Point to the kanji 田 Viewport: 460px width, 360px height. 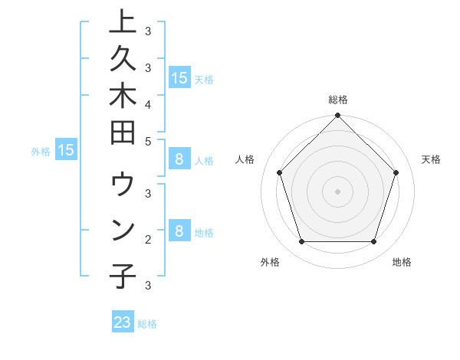[x=123, y=135]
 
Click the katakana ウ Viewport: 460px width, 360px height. [x=123, y=187]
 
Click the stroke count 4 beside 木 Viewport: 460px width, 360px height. [x=148, y=103]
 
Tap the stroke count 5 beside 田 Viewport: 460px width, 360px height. [x=148, y=142]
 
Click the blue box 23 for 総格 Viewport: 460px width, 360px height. [x=123, y=322]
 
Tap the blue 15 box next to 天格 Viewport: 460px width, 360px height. [x=179, y=77]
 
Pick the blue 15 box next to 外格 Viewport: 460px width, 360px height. [x=66, y=150]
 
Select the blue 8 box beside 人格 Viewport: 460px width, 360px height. [x=179, y=159]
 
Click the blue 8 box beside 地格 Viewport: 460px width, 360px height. [x=179, y=231]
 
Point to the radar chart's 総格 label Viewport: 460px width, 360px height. [x=338, y=100]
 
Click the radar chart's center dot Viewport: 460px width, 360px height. [x=338, y=191]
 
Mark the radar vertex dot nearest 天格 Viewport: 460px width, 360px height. [x=396, y=172]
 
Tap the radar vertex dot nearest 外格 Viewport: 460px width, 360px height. [x=302, y=242]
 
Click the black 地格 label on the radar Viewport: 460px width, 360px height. [x=402, y=262]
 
